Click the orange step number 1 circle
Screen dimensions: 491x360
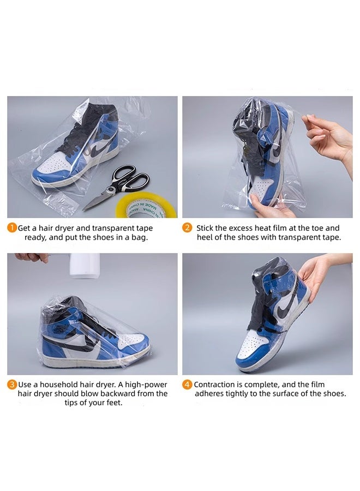[12, 228]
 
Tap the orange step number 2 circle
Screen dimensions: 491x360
[187, 228]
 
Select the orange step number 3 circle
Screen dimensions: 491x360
[12, 385]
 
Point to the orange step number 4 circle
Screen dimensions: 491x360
[187, 385]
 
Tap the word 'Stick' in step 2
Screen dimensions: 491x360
[207, 228]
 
